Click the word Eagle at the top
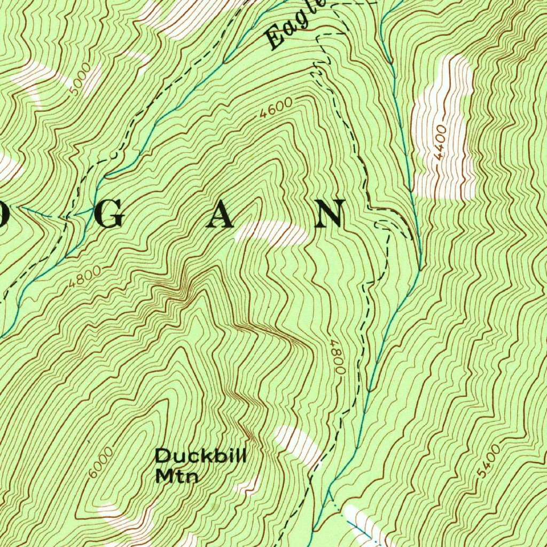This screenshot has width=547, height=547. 295,25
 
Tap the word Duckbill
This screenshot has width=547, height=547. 200,457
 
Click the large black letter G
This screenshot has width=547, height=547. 112,215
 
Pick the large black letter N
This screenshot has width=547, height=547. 330,214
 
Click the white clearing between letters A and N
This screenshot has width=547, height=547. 272,233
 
